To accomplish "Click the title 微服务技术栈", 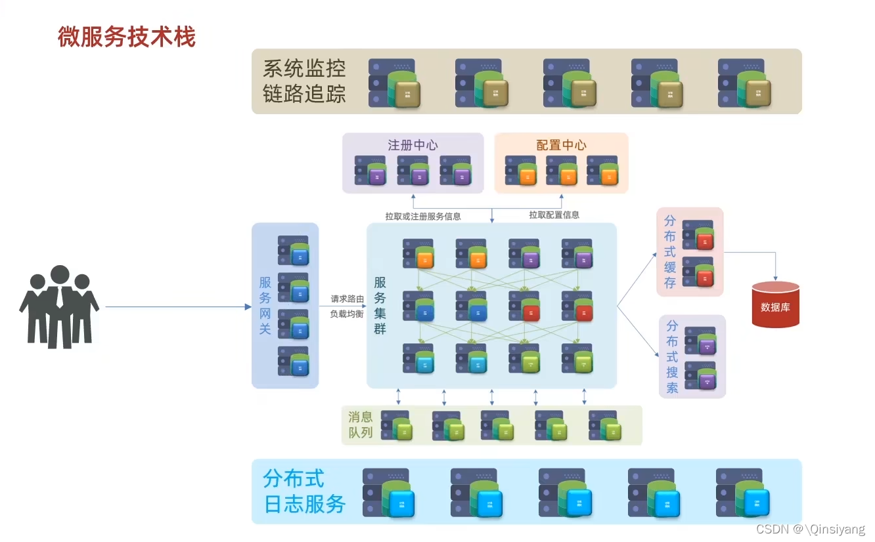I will (127, 37).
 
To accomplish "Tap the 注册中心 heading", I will (413, 145).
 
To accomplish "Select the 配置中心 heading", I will (561, 145).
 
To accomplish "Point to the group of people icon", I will (59, 306).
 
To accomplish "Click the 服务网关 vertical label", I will (265, 305).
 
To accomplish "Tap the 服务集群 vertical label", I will (380, 305).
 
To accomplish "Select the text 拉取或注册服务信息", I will (422, 216).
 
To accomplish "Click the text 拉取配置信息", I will (554, 215).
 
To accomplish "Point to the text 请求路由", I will (347, 299).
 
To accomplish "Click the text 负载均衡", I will (347, 314).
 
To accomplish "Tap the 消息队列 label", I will (361, 425).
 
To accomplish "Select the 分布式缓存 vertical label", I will (669, 252).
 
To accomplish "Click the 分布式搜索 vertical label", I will (672, 356).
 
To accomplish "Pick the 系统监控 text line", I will (304, 68).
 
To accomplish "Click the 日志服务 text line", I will (304, 504).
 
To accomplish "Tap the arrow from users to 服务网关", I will (177, 306).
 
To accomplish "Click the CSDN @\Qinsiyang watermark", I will (810, 529).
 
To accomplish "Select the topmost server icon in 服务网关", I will (293, 250).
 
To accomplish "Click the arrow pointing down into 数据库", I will (775, 269).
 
